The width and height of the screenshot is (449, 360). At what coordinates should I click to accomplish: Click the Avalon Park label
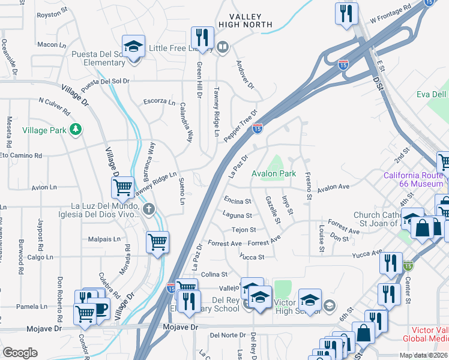coord(274,173)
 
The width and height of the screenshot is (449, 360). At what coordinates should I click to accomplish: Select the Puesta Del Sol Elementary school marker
coord(133,46)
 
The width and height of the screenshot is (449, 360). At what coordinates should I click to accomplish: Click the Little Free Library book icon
coord(223,47)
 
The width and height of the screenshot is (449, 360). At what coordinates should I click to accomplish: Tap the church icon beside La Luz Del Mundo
coord(149,209)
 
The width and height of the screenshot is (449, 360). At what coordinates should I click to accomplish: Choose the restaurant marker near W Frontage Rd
coord(347,14)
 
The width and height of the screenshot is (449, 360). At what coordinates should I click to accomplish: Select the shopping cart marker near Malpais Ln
coord(157,242)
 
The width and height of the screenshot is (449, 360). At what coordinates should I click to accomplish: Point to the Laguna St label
coord(237,215)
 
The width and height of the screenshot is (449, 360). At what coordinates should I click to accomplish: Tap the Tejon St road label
coord(244,229)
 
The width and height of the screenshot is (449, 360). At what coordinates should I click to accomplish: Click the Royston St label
coord(52,14)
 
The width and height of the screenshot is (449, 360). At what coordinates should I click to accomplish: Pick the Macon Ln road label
coord(51,44)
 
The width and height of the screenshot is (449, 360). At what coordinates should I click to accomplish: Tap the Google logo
coord(20,353)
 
